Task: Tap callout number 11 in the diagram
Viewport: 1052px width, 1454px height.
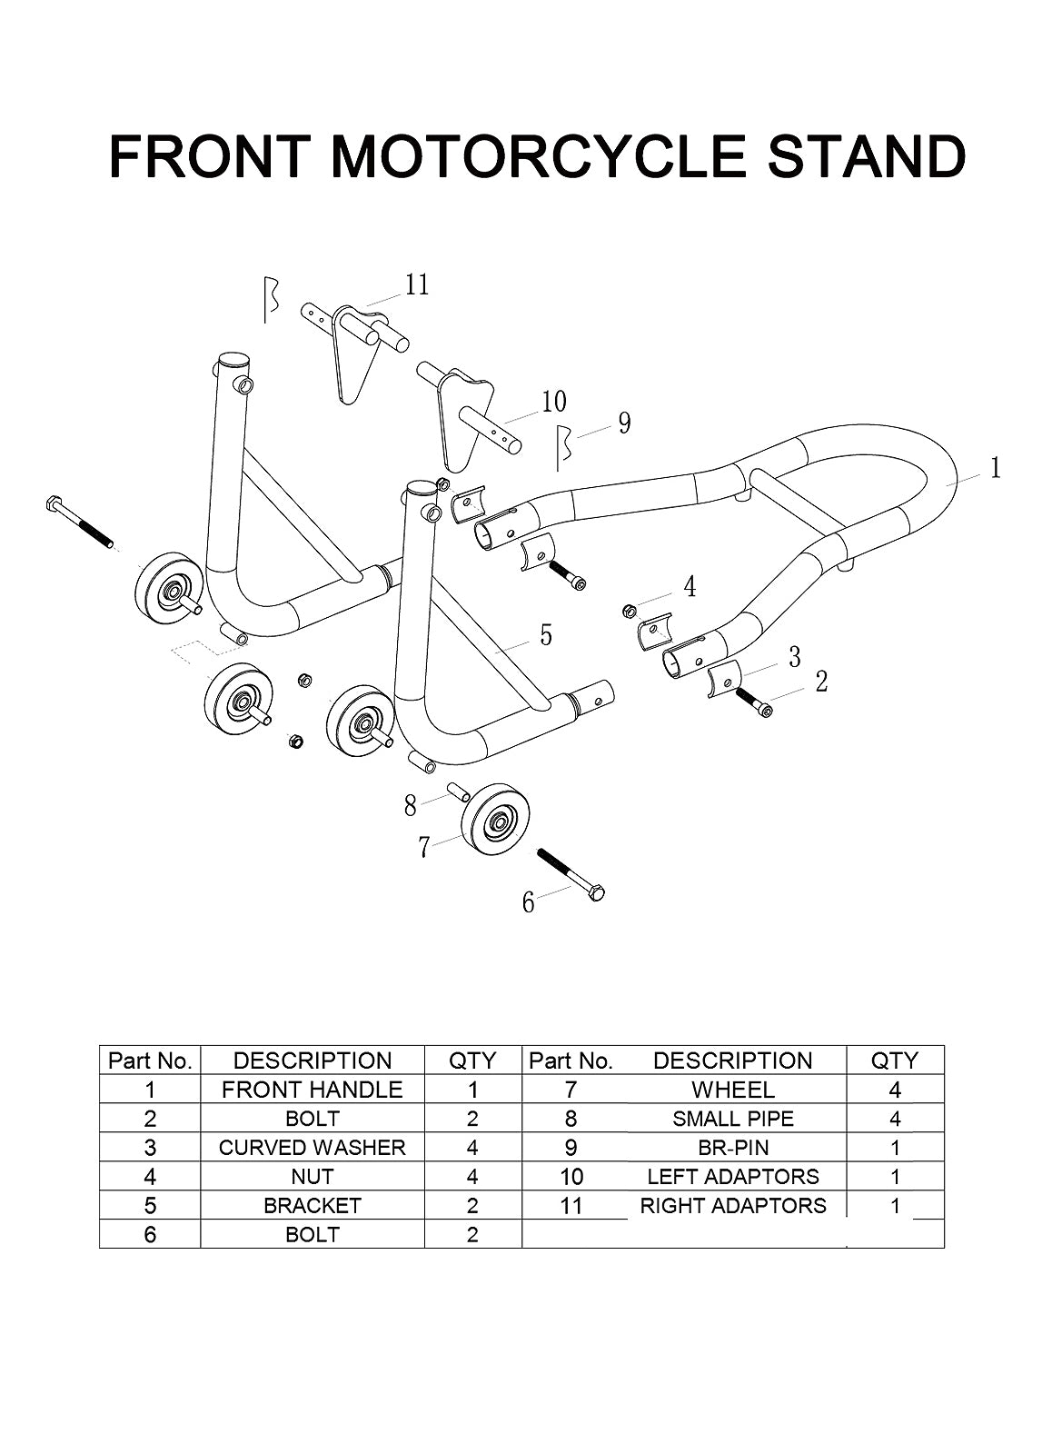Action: pyautogui.click(x=417, y=285)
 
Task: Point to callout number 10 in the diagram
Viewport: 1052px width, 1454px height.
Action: pyautogui.click(x=554, y=402)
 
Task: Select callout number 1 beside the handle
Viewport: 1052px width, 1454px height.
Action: pyautogui.click(x=996, y=468)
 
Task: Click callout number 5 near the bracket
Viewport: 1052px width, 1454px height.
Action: pyautogui.click(x=546, y=635)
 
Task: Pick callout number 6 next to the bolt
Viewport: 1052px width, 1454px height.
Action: pyautogui.click(x=529, y=902)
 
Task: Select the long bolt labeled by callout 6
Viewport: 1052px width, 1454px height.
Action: pyautogui.click(x=571, y=873)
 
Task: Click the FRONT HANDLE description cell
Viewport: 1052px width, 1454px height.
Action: pyautogui.click(x=313, y=1090)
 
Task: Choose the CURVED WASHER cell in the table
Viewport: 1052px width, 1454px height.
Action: pyautogui.click(x=313, y=1148)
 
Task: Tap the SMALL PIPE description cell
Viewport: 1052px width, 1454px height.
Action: pyautogui.click(x=733, y=1119)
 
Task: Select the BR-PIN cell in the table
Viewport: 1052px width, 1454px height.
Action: pyautogui.click(x=733, y=1148)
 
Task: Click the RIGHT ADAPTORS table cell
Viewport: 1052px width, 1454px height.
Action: pyautogui.click(x=733, y=1205)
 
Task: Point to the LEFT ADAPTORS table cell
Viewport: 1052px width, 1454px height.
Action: pyautogui.click(x=733, y=1176)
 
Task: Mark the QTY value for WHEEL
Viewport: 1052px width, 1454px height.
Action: pyautogui.click(x=895, y=1090)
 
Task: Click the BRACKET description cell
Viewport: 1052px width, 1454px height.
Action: pyautogui.click(x=313, y=1205)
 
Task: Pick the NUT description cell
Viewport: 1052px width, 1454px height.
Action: pyautogui.click(x=313, y=1176)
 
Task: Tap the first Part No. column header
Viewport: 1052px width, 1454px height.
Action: pyautogui.click(x=150, y=1061)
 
